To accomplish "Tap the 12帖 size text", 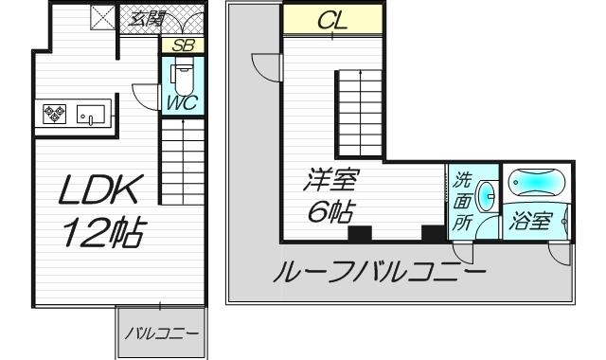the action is [x=102, y=232].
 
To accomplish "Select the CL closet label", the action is [x=332, y=20].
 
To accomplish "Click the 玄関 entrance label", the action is [x=144, y=17].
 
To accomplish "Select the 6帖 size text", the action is [x=325, y=212].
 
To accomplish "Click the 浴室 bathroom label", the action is [x=531, y=222].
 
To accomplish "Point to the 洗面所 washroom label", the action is [x=462, y=201].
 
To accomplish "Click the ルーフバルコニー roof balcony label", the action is [x=379, y=275].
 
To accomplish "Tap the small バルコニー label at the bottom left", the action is [x=158, y=334].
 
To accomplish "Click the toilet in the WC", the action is [x=182, y=74].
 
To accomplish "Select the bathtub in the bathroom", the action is [x=536, y=182].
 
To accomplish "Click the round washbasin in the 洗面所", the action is [x=486, y=197].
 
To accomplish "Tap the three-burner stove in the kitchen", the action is [x=52, y=117].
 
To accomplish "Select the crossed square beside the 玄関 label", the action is [x=102, y=17].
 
